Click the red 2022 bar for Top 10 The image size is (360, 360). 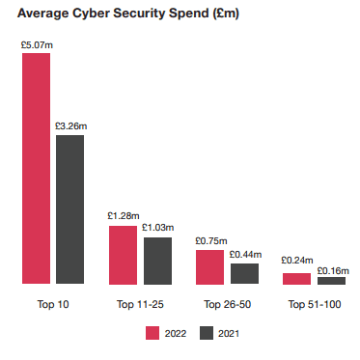click(x=36, y=169)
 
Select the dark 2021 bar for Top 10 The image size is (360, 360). click(x=69, y=209)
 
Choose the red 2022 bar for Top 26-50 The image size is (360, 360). click(x=209, y=266)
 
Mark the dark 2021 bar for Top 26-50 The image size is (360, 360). click(x=244, y=273)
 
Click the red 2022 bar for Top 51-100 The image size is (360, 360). click(x=296, y=278)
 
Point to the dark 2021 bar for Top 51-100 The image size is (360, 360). click(x=331, y=280)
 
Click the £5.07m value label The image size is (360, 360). click(x=36, y=44)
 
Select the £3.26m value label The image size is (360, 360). click(x=70, y=126)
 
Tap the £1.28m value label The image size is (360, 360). click(x=123, y=216)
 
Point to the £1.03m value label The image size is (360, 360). click(x=157, y=228)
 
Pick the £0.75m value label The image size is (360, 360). click(x=209, y=240)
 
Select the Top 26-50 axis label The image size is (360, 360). click(x=227, y=304)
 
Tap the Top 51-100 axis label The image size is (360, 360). click(x=314, y=304)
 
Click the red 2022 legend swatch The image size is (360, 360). click(x=152, y=333)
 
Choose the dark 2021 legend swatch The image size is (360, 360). click(x=205, y=333)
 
